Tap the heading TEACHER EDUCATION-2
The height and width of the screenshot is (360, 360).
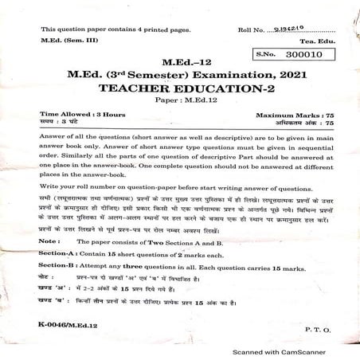[179, 90]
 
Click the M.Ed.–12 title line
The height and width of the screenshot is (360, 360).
[179, 61]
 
